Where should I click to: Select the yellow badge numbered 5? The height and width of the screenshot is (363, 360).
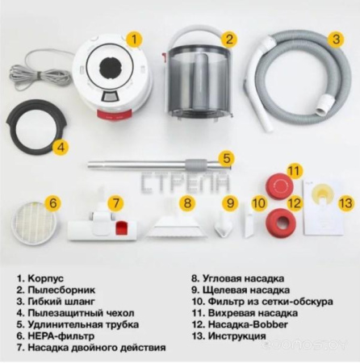(227, 158)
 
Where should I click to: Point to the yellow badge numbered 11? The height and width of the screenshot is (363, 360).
(295, 171)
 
